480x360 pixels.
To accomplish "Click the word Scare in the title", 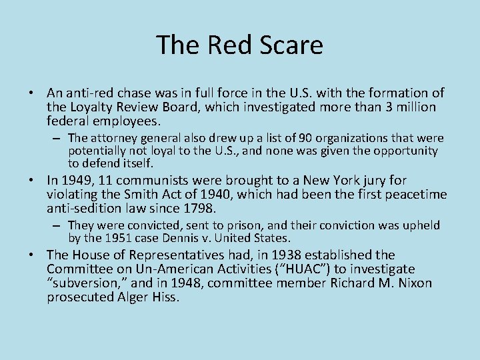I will pyautogui.click(x=291, y=45).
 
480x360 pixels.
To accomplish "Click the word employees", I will pyautogui.click(x=125, y=121).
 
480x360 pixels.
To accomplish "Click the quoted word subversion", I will pyautogui.click(x=83, y=283).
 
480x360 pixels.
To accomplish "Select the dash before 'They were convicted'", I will pyautogui.click(x=59, y=225).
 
